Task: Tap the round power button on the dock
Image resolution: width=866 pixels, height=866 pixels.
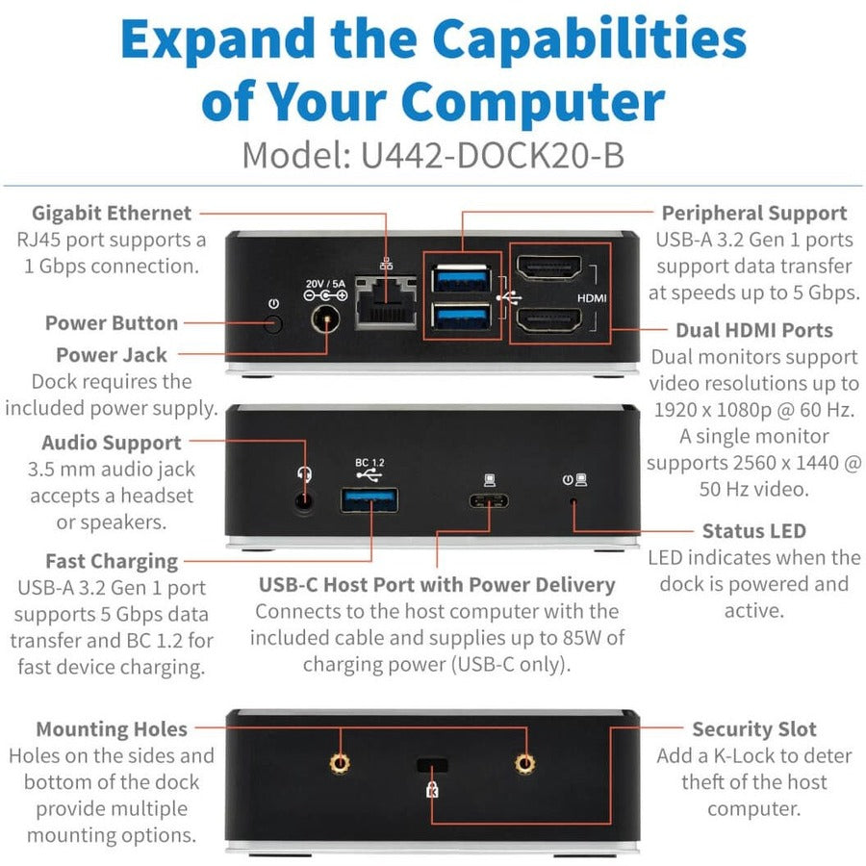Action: coord(273,323)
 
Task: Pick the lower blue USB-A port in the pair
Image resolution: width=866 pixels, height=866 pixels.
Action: coord(461,316)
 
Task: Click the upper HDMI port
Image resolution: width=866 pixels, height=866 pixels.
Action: coord(549,268)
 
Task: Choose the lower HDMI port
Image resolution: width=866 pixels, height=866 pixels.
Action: coord(549,319)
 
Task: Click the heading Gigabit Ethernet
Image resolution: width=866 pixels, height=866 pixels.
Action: coord(112,213)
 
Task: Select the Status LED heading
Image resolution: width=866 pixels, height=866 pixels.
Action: coord(753,531)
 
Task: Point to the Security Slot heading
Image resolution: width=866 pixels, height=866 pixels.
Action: coord(753,729)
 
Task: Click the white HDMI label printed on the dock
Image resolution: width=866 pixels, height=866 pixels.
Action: coord(592,298)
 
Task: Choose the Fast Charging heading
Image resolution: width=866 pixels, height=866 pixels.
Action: coord(112,561)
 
